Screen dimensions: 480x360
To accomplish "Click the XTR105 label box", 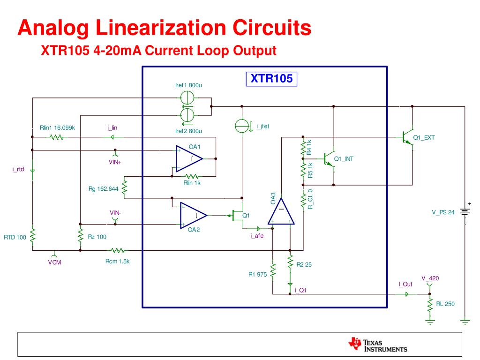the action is (272, 79).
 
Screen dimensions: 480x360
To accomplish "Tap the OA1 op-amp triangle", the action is (188, 159).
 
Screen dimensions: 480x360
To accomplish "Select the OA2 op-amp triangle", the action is (193, 216).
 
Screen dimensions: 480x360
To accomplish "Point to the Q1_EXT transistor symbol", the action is (408, 138).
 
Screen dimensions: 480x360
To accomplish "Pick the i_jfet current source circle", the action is (241, 126).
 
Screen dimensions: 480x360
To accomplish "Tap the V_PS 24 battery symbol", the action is (465, 211).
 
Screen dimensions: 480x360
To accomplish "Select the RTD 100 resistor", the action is (32, 236).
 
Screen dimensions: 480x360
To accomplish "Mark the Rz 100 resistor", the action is (81, 236).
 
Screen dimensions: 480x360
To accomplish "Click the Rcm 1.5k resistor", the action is (117, 250).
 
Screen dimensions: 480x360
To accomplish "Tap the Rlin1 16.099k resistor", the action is (57, 137).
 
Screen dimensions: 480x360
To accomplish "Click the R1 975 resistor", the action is (272, 271).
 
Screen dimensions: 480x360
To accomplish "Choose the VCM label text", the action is (54, 262).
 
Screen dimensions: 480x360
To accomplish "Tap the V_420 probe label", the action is (430, 278).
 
